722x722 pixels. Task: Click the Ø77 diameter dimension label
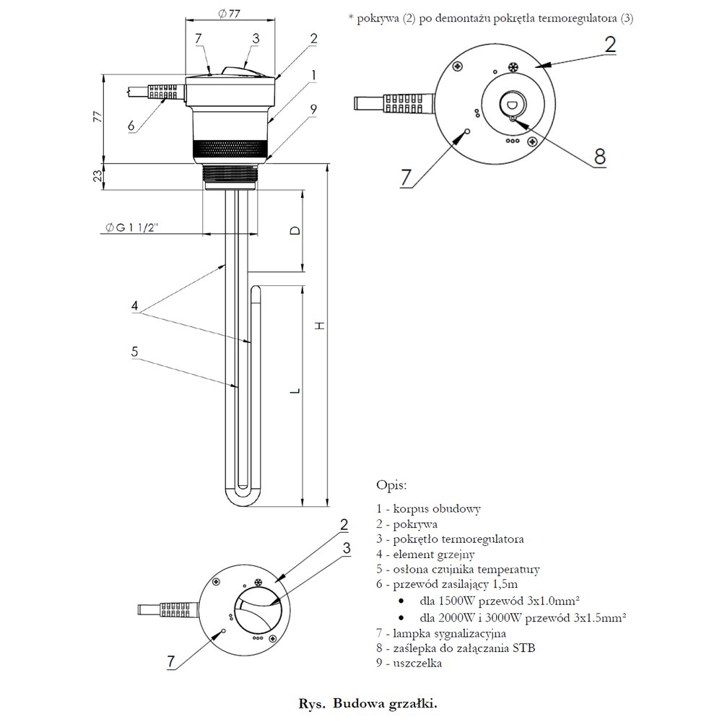(x=229, y=12)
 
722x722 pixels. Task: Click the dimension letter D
(x=293, y=230)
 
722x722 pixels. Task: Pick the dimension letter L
(x=294, y=392)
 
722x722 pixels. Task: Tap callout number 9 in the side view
(x=313, y=110)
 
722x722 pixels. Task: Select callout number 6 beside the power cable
(x=131, y=125)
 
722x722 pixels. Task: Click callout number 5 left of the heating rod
(x=134, y=352)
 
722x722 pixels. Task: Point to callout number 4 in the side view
(x=134, y=306)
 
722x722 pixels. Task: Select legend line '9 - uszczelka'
(x=409, y=663)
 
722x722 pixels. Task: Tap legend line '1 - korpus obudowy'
(x=429, y=508)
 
